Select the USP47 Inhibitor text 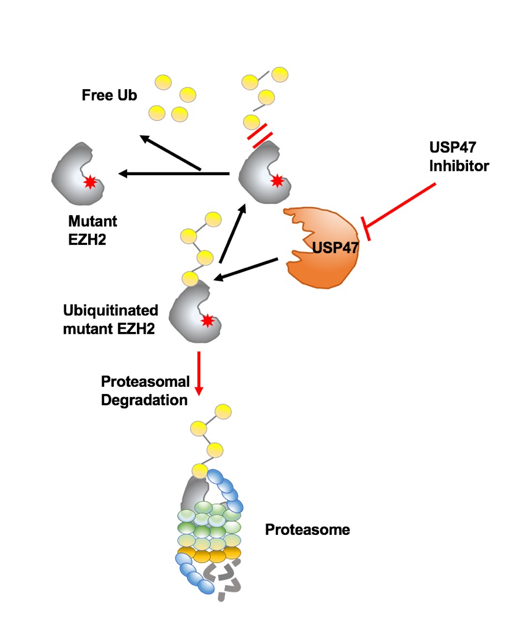coord(459,157)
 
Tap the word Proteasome coord(307,529)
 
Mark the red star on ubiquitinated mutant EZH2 coord(207,320)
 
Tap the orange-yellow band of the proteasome coord(209,554)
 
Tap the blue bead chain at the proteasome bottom coord(194,576)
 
